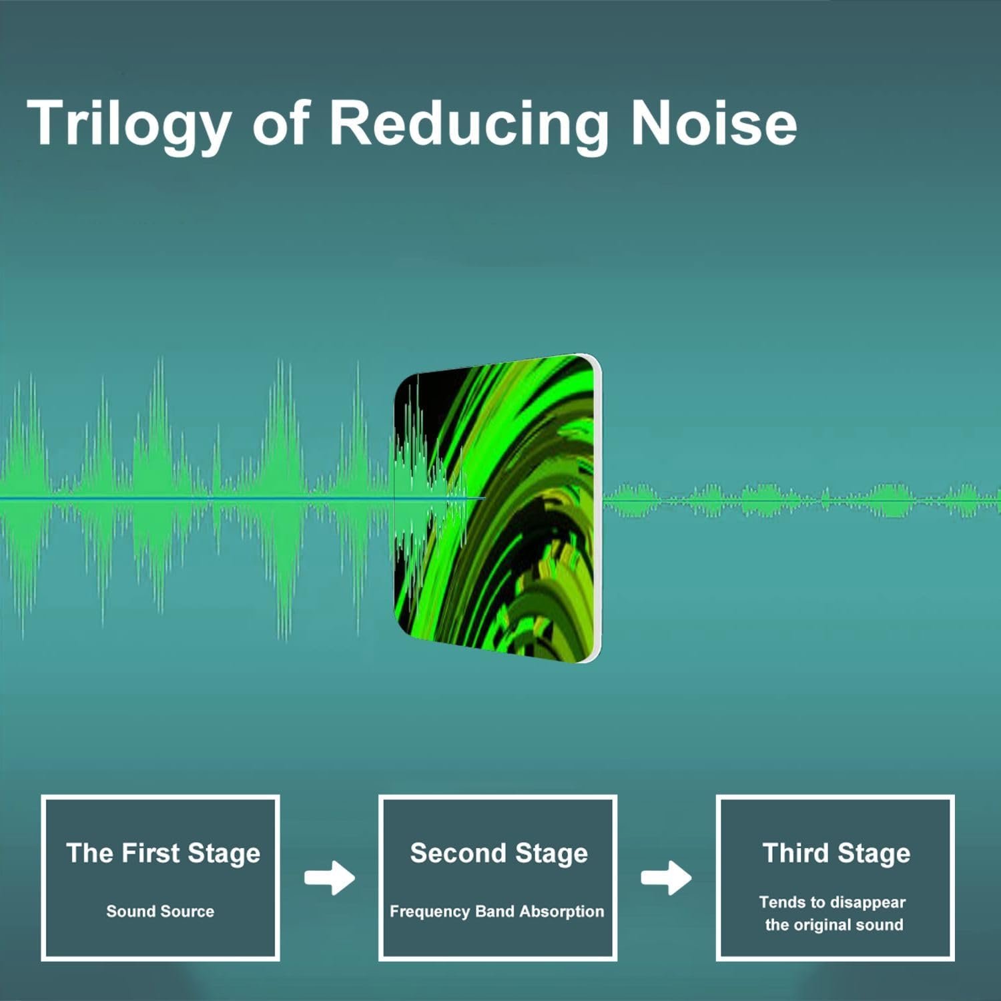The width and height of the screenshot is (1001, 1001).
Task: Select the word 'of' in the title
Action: click(x=281, y=123)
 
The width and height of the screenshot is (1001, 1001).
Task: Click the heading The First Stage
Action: click(x=163, y=854)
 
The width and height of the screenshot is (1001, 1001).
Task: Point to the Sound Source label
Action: click(x=160, y=911)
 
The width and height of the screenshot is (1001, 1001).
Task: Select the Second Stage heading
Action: click(x=498, y=854)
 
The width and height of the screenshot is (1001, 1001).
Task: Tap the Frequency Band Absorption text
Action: click(x=496, y=912)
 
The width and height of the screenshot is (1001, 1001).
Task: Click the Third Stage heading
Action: click(x=836, y=854)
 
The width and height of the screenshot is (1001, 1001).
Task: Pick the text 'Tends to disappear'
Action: click(x=832, y=902)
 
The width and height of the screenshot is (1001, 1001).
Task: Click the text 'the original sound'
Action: click(x=834, y=925)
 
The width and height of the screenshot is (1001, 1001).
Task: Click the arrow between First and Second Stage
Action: click(x=330, y=878)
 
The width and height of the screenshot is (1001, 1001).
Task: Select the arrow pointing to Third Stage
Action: click(x=666, y=878)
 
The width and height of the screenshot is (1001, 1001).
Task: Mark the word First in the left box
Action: click(x=151, y=853)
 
